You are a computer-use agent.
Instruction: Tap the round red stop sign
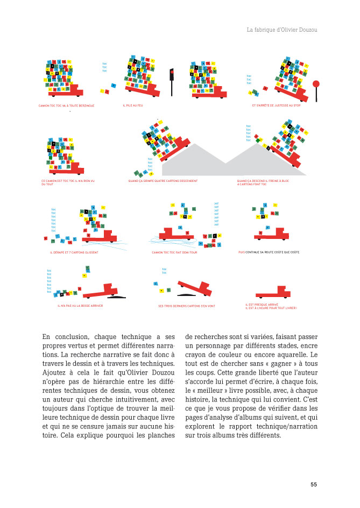[316, 84]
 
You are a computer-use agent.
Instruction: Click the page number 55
[314, 484]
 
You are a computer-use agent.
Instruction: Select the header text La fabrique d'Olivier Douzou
[282, 30]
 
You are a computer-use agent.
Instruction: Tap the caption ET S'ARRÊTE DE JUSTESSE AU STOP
[276, 105]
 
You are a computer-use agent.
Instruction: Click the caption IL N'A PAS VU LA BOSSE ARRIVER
[80, 306]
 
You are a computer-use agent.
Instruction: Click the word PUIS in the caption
[241, 252]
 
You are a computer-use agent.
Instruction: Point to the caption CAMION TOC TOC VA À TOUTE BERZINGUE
[66, 105]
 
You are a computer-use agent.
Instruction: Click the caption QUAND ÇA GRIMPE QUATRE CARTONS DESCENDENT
[163, 181]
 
